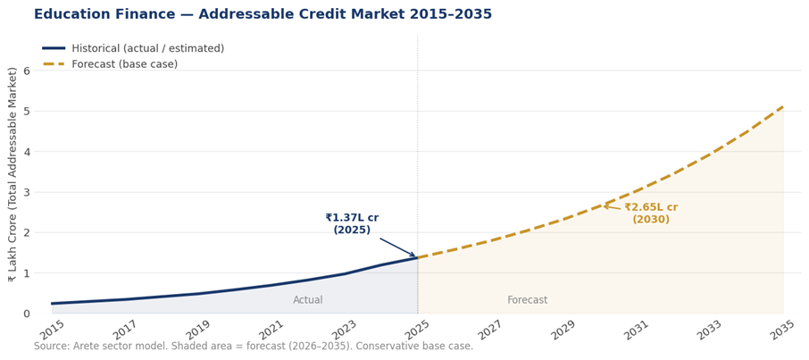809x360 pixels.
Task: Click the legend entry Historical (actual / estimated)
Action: [147, 48]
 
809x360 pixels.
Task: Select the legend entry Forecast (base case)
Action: [124, 64]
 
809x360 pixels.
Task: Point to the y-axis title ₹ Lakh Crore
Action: [13, 174]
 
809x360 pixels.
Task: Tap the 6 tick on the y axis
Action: [27, 71]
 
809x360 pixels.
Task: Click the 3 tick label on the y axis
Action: [27, 192]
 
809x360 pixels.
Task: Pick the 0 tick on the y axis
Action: [27, 314]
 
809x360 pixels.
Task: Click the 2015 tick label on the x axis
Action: [53, 330]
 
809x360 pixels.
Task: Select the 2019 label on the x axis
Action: [199, 330]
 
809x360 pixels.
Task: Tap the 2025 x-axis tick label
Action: [418, 330]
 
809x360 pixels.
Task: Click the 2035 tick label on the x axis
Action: [783, 330]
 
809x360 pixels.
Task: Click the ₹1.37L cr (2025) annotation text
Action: [352, 223]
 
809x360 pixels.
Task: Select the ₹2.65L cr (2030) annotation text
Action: [651, 213]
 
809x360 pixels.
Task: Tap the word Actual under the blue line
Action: [308, 300]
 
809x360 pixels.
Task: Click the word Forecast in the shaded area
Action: [528, 300]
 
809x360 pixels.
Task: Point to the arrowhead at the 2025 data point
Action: [414, 256]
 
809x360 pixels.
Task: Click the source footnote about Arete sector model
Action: [254, 347]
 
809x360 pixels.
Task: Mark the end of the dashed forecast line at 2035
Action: [783, 106]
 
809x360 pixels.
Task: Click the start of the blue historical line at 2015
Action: [53, 304]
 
